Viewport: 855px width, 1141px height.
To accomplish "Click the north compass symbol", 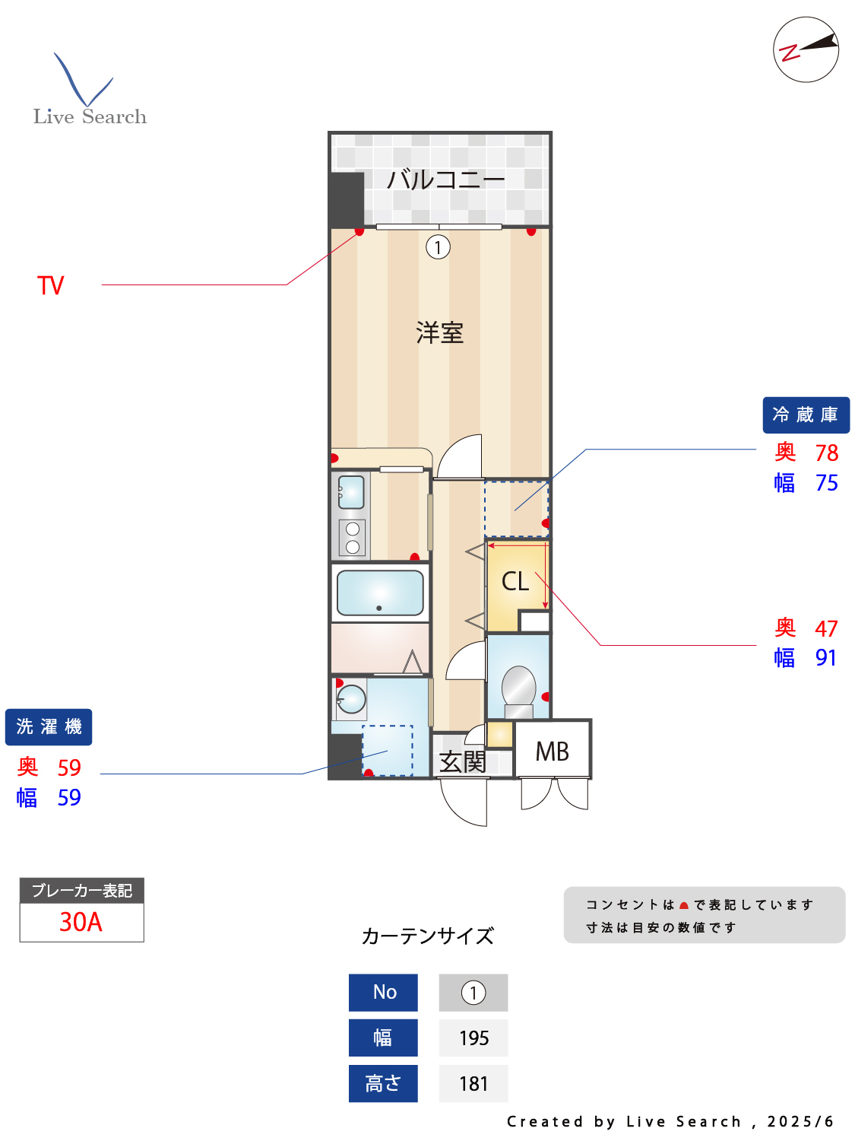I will click(806, 49).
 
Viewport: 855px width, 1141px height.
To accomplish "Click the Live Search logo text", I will click(90, 116).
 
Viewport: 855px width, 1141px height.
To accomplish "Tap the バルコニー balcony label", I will click(445, 180).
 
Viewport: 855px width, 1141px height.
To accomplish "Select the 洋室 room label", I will click(439, 332).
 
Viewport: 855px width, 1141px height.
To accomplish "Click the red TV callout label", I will click(51, 286).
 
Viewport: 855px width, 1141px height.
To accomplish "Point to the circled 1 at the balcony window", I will click(438, 247).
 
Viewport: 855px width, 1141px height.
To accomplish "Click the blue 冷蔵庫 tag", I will click(806, 415).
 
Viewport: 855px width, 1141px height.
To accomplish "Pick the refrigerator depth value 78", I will click(826, 453).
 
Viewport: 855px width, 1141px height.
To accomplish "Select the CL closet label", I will click(515, 582).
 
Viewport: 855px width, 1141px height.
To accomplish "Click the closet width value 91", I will click(825, 658).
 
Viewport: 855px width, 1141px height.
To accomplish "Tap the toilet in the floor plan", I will click(518, 688).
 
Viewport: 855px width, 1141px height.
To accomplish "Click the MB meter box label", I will click(552, 752).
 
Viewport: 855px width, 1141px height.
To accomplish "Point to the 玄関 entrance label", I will click(462, 761).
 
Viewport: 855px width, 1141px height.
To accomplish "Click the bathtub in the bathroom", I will click(380, 593).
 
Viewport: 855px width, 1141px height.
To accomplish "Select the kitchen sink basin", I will click(351, 492).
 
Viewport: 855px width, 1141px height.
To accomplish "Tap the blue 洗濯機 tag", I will click(49, 727).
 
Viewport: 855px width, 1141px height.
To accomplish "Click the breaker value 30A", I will click(81, 922).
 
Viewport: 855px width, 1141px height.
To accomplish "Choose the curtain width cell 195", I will click(473, 1038).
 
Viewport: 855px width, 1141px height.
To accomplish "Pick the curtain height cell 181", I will click(473, 1084).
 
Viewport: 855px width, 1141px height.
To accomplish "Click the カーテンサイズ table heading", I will click(428, 936).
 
